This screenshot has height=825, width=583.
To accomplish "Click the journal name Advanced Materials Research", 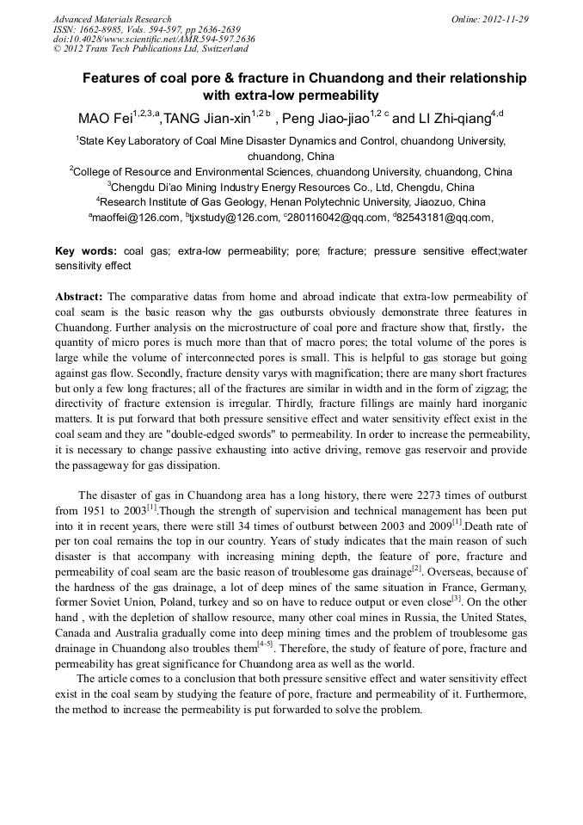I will point(112,19).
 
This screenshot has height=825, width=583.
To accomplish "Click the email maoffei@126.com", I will point(137,219).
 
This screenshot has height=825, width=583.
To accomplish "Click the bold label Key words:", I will point(86,251).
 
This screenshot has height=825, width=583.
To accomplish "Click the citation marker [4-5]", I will point(265,645).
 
